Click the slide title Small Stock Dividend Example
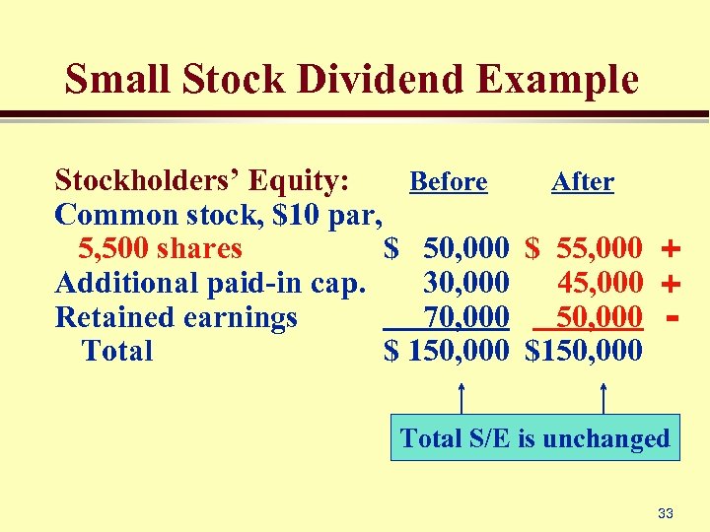pos(352,79)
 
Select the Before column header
pos(448,182)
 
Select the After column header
pos(582,182)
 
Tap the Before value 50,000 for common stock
pos(465,249)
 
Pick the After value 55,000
pos(599,249)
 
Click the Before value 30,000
pos(465,284)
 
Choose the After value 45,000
pos(600,284)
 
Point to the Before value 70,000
pos(465,317)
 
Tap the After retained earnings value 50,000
pos(600,317)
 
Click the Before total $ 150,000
pos(447,351)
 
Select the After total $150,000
pos(584,351)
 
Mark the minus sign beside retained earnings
pos(673,317)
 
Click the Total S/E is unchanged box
pos(534,438)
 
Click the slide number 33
pos(665,513)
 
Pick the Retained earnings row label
pos(177,317)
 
